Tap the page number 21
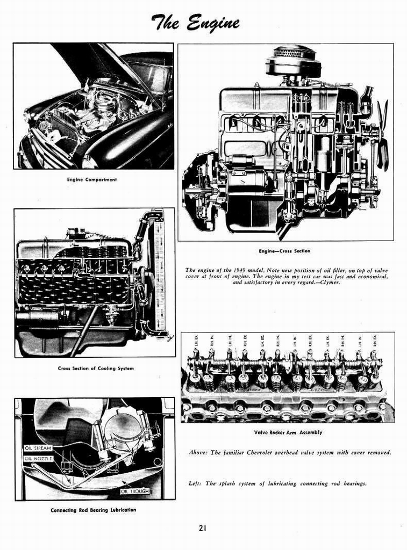pos(202,528)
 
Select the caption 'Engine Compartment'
pos(91,179)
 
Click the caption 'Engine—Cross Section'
pos(284,251)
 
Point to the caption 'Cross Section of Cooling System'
pos(96,368)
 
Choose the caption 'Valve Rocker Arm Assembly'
pos(288,432)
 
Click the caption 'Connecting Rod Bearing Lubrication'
pos(93,510)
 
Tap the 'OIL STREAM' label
pos(38,448)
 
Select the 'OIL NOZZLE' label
pos(38,459)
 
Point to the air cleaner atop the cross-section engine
pos(293,62)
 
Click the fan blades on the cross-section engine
pos(382,134)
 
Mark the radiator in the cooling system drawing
pos(159,274)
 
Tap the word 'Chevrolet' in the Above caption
pos(255,453)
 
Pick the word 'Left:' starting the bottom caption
pos(195,483)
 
